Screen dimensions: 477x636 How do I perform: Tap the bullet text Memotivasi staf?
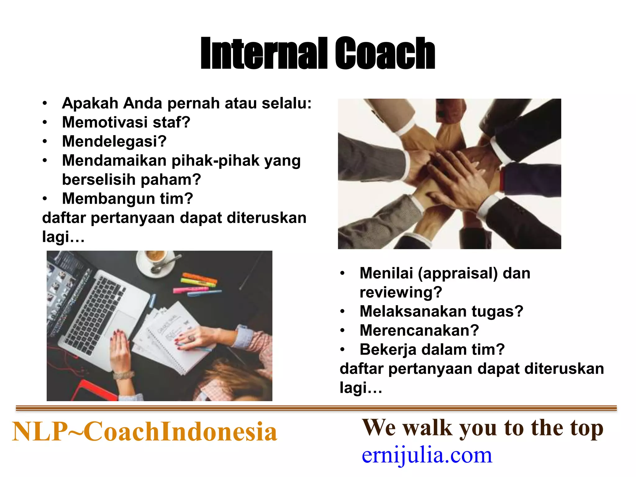click(126, 122)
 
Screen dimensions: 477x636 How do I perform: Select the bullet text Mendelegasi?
click(114, 141)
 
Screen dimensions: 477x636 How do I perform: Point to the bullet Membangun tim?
click(127, 198)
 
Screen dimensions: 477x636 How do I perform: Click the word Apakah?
click(90, 103)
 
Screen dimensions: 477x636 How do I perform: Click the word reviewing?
click(401, 292)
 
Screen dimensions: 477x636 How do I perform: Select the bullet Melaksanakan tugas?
click(441, 311)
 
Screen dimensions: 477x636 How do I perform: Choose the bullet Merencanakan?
click(419, 330)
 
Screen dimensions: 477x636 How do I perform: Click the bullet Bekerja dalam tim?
click(432, 350)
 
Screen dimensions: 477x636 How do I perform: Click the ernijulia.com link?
click(427, 456)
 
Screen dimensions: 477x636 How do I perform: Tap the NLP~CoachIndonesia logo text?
click(144, 432)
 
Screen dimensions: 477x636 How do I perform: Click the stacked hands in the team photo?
click(450, 174)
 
